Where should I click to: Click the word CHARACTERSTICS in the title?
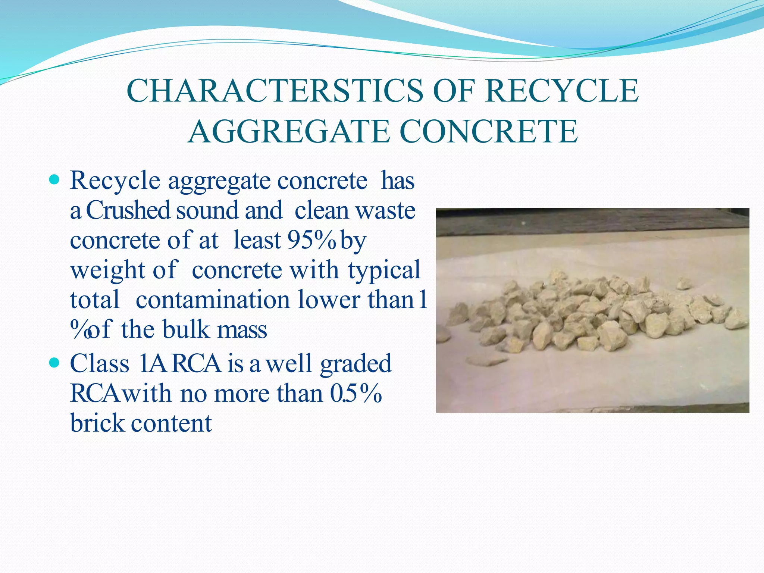click(275, 91)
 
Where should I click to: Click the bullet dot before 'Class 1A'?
click(54, 362)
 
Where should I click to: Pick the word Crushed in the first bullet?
click(128, 210)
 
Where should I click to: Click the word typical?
click(384, 270)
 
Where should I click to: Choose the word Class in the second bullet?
click(100, 363)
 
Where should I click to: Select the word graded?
click(356, 363)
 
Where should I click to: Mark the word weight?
click(107, 270)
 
